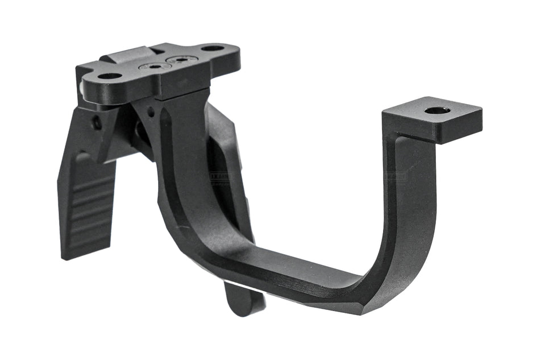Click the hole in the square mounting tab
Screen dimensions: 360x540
[x=438, y=110]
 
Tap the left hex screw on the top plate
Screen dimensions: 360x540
[x=155, y=67]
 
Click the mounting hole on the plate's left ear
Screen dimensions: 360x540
[x=110, y=76]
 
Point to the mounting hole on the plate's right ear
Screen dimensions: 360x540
[x=212, y=48]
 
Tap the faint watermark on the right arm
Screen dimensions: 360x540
[x=396, y=176]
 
